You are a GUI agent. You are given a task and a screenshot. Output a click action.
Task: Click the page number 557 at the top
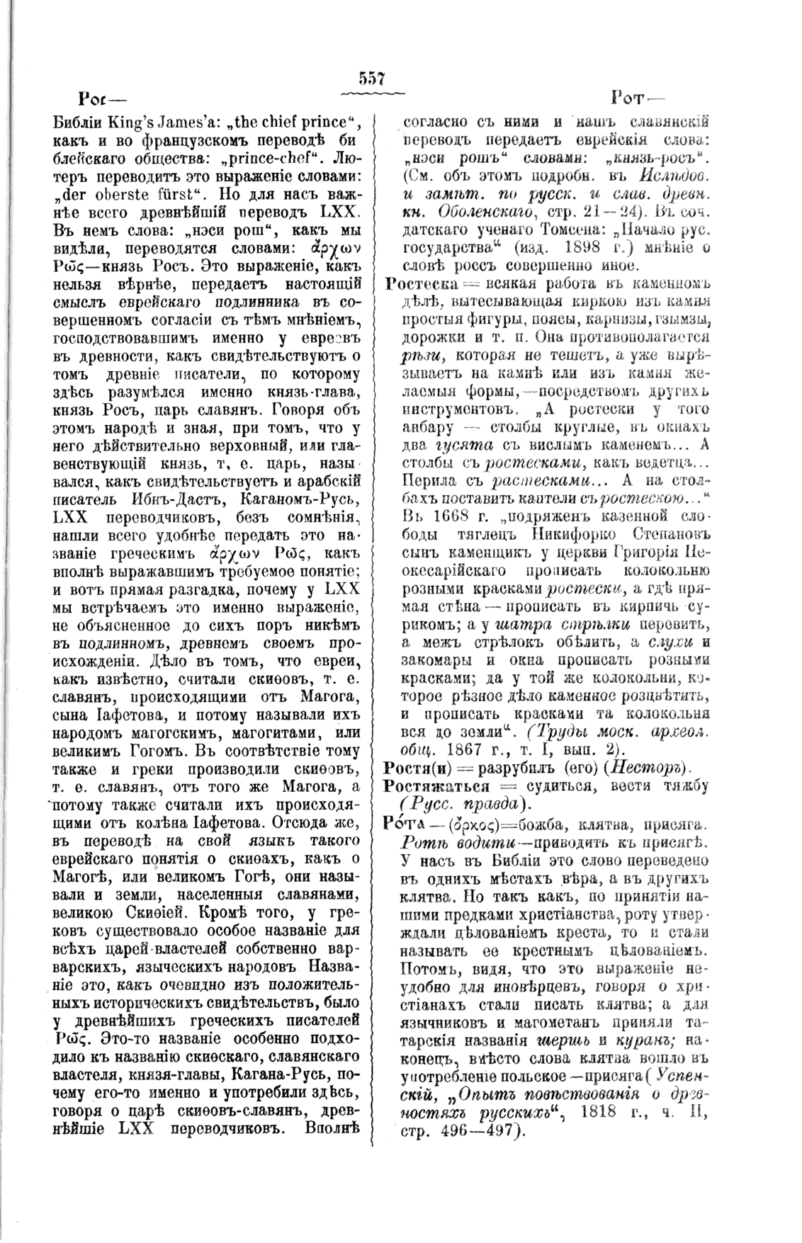(x=371, y=78)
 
